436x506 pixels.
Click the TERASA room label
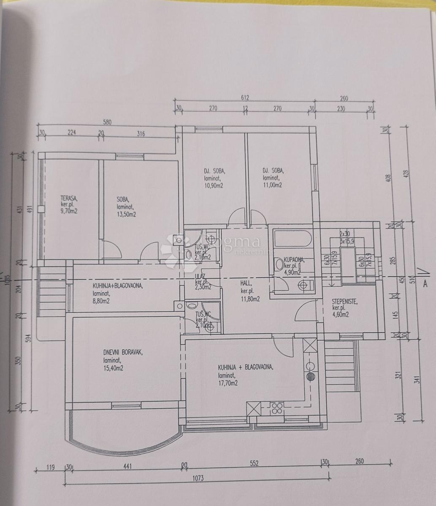pos(69,198)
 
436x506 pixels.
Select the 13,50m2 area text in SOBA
pos(127,215)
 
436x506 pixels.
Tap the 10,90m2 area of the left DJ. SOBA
pos(214,185)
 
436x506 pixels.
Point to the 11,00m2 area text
pos(272,185)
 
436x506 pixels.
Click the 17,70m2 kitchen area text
pos(227,383)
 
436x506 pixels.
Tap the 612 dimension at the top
pos(245,98)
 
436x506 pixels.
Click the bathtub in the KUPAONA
pos(292,239)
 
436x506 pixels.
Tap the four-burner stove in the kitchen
pos(276,408)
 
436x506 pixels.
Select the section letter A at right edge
pos(425,284)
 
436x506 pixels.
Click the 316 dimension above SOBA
pos(141,134)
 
